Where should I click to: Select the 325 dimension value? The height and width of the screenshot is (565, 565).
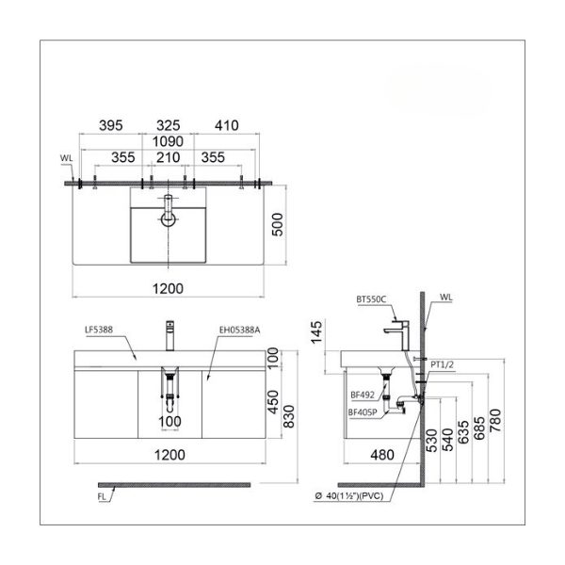[169, 124]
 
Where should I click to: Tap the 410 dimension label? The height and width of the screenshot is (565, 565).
[226, 124]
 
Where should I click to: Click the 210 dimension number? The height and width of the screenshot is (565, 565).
[169, 158]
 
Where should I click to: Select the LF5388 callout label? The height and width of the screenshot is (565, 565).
[99, 329]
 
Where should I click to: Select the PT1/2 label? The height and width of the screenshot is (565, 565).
[443, 362]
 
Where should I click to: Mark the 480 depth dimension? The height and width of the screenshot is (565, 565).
[381, 455]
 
